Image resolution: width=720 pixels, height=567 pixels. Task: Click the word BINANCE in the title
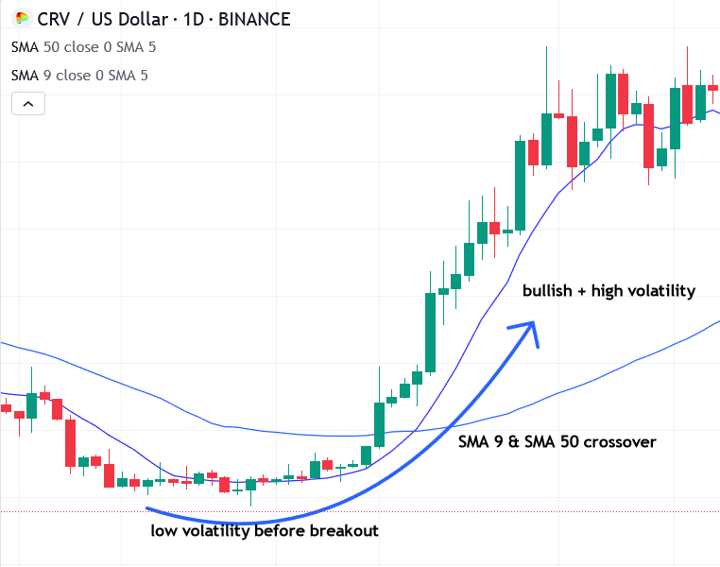click(254, 19)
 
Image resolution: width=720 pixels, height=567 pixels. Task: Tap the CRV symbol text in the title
click(55, 19)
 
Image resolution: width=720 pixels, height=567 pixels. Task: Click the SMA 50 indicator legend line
click(83, 46)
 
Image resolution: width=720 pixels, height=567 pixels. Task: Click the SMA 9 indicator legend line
click(79, 75)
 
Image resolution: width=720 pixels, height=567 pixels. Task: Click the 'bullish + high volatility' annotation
click(609, 291)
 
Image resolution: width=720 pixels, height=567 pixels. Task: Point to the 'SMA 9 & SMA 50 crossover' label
click(557, 441)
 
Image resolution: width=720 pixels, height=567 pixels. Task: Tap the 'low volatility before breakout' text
click(265, 531)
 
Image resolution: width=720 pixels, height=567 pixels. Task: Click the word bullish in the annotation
click(547, 291)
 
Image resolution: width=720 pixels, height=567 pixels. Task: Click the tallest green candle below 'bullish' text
click(430, 332)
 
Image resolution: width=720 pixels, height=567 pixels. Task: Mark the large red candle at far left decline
click(70, 442)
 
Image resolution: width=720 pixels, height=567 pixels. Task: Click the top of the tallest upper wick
click(546, 47)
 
